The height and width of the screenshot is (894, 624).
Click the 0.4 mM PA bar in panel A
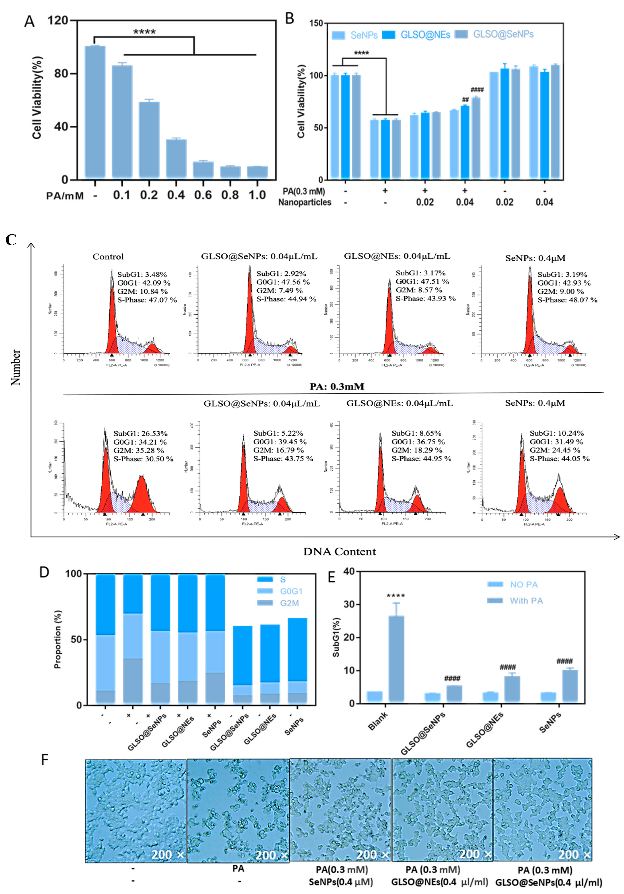click(176, 159)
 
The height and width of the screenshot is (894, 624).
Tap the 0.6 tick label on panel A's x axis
click(203, 195)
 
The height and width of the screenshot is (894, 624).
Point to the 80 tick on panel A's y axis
click(61, 73)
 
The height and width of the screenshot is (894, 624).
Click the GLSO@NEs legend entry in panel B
click(425, 35)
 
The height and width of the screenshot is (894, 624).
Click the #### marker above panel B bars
click(477, 90)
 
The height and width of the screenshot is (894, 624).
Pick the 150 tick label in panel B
click(316, 23)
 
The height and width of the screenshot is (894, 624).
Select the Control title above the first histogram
click(108, 256)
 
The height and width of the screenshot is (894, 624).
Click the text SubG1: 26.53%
click(141, 433)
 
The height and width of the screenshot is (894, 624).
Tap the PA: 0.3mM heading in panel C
click(337, 386)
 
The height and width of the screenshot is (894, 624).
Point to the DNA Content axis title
click(339, 552)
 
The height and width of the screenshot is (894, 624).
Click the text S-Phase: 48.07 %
click(567, 300)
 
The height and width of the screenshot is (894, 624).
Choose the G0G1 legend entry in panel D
click(291, 591)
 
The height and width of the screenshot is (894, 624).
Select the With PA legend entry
click(526, 601)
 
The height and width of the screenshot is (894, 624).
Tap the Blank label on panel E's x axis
click(378, 721)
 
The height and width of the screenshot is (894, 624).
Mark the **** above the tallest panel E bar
click(395, 596)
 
